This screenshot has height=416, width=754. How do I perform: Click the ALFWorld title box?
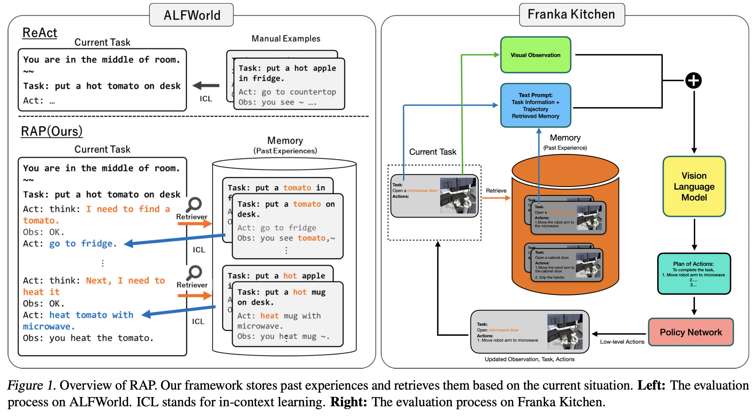[191, 15]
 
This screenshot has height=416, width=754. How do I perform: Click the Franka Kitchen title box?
[572, 14]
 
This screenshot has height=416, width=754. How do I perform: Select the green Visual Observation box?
[535, 55]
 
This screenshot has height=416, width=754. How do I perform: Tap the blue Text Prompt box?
[535, 105]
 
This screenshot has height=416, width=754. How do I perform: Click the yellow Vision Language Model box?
[694, 186]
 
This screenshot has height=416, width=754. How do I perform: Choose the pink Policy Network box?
[691, 332]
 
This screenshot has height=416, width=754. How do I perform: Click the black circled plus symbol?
[693, 80]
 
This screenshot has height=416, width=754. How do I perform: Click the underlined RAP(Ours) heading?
[51, 131]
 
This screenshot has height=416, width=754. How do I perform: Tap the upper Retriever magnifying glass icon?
[194, 204]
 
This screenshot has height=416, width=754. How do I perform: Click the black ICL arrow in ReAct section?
[206, 86]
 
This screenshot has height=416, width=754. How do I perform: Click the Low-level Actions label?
[622, 342]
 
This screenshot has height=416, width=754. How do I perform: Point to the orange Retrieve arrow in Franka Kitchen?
[496, 198]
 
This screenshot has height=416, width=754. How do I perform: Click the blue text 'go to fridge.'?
[83, 244]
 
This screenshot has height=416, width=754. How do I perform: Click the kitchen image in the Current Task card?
[458, 195]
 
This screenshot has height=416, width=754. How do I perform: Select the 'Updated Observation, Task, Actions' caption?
[529, 359]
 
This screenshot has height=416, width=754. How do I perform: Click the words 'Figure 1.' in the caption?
[32, 385]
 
